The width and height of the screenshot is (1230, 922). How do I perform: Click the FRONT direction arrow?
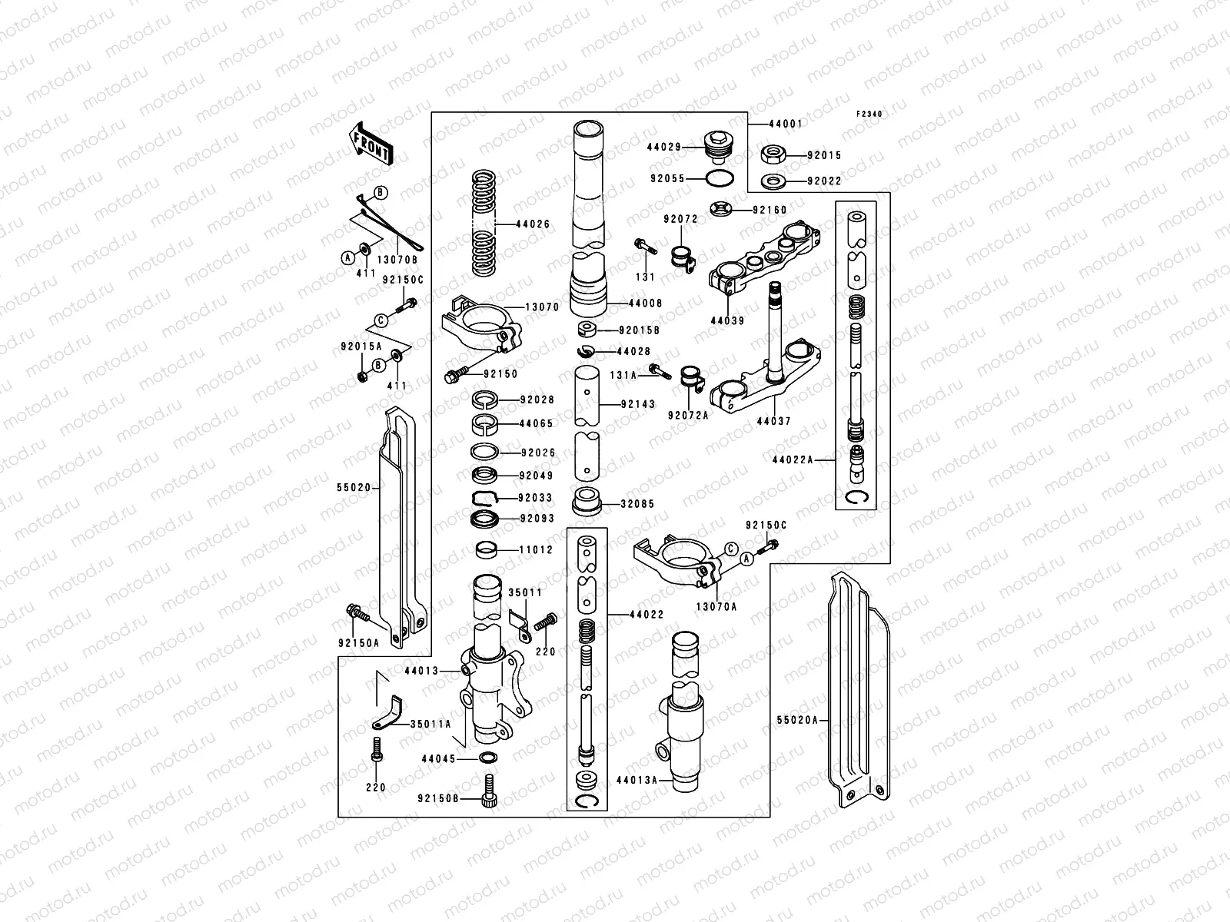pos(371,144)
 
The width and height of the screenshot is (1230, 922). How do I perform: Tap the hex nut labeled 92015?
pos(773,154)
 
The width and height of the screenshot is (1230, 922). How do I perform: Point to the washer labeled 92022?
pos(771,181)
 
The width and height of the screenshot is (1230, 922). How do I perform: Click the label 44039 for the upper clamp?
pos(727,320)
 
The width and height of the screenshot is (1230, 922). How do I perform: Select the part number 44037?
pos(773,421)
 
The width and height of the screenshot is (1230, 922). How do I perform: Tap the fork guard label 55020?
pos(354,486)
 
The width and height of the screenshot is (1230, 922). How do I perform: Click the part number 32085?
pos(641,505)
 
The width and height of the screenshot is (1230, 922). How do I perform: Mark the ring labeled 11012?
pos(487,549)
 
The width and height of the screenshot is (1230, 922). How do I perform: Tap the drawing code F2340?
pos(870,114)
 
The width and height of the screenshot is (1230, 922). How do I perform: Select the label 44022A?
pos(793,459)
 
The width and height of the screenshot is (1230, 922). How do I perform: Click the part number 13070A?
pos(716,606)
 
